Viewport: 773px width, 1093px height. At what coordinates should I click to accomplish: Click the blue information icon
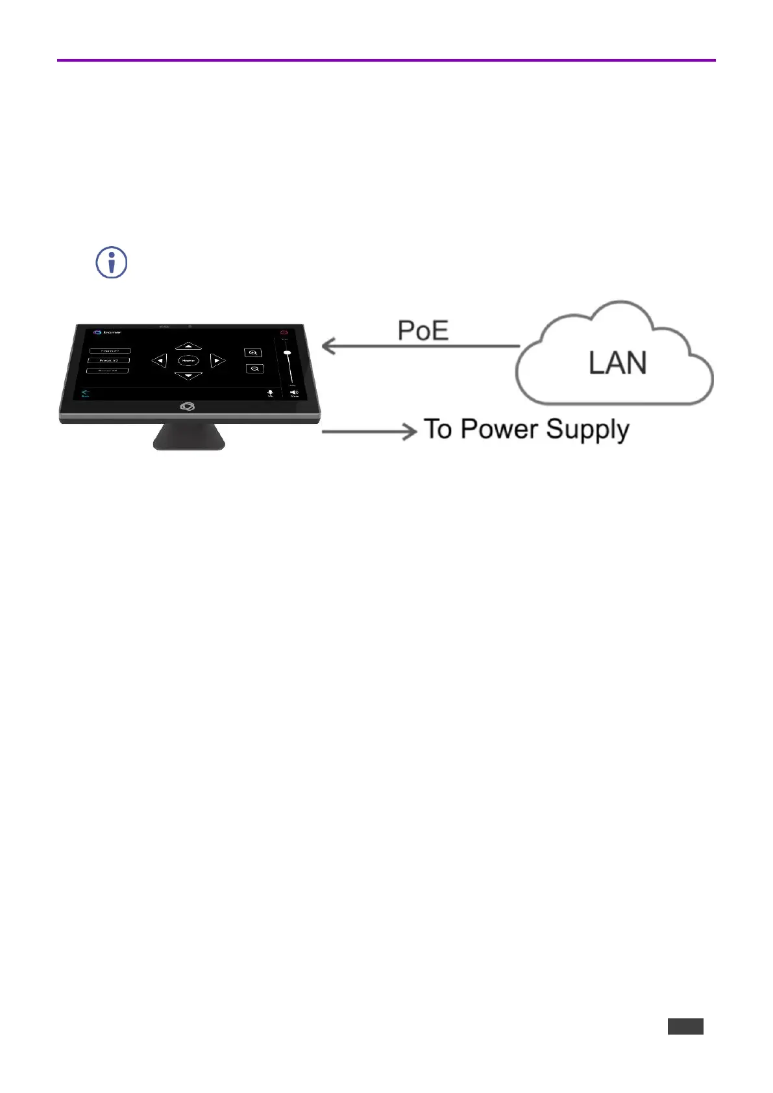pos(112,263)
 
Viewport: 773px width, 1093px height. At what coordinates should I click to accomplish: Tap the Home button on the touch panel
pos(188,360)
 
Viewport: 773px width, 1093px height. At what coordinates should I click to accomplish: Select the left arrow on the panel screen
pos(159,360)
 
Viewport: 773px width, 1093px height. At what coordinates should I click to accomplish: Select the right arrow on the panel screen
pos(217,360)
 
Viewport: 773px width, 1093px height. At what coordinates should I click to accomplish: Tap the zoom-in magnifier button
pos(253,352)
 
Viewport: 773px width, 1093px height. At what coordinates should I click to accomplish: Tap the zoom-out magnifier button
pos(255,369)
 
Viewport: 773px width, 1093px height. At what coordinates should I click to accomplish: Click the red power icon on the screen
pos(284,332)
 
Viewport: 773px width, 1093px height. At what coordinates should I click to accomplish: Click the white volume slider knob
pos(287,352)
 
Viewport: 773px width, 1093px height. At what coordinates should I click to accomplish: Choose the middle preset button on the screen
pos(108,360)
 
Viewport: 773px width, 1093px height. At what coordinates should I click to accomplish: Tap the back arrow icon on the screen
pos(85,392)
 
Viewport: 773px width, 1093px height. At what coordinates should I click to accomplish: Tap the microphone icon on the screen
pos(271,392)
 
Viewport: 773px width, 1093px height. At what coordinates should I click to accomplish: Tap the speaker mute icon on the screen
pos(294,392)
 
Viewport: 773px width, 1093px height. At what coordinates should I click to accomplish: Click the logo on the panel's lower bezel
pos(188,406)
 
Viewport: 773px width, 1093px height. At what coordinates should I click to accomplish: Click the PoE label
pos(423,330)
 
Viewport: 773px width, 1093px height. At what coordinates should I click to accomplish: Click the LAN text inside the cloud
pos(617,362)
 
